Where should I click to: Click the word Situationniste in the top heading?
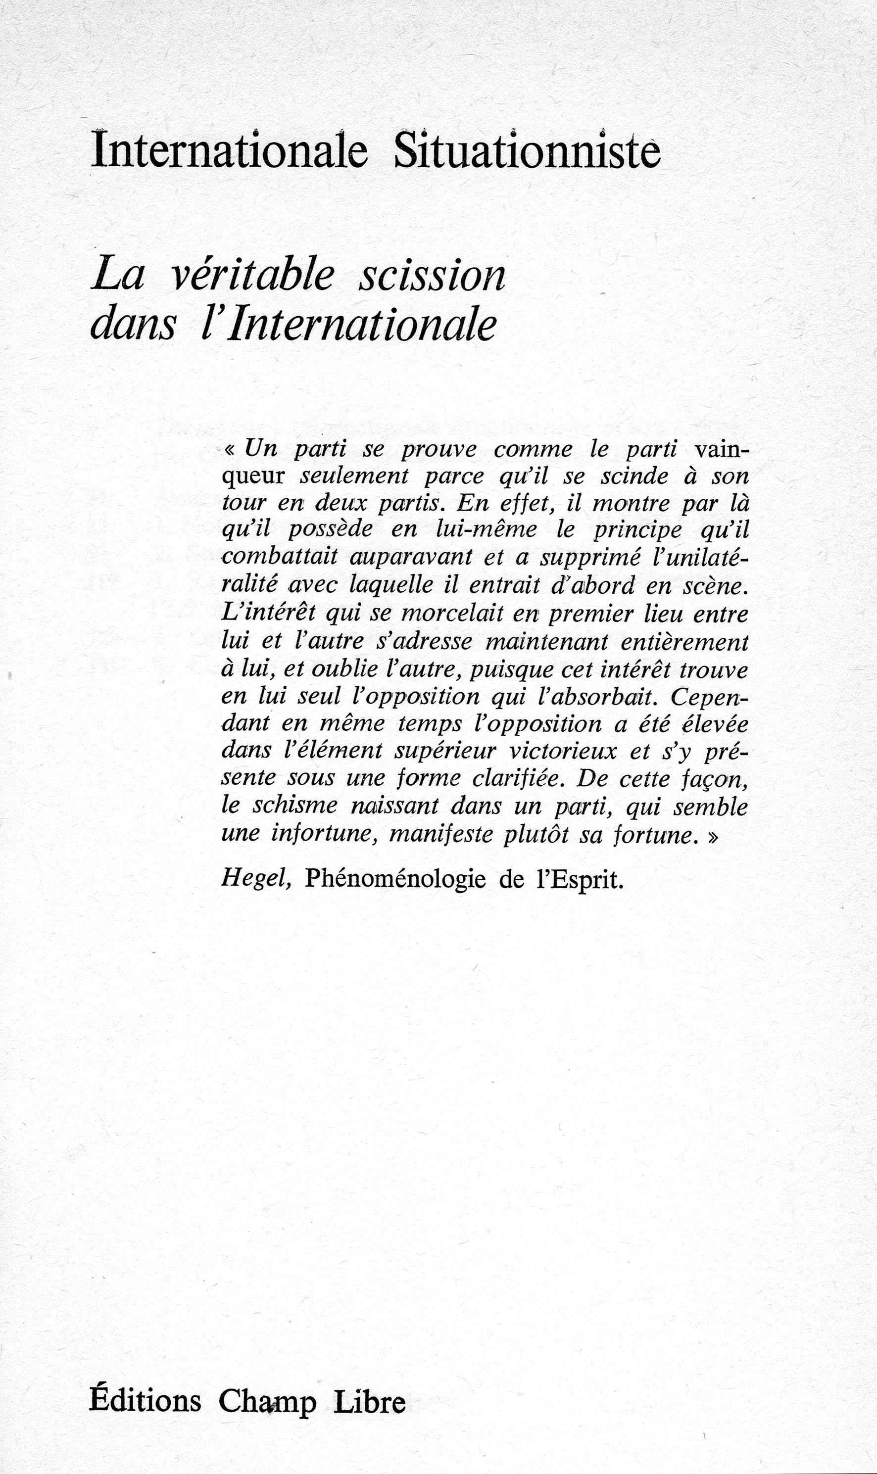(527, 153)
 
